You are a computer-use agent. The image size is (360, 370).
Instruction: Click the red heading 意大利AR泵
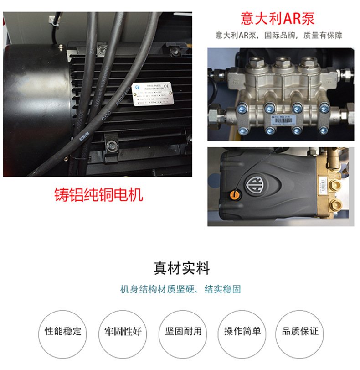click(x=278, y=19)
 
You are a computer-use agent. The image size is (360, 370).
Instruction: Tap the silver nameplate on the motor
click(x=152, y=95)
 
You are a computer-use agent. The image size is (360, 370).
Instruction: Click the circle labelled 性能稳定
click(x=63, y=331)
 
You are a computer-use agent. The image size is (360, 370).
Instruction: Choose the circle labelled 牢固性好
click(x=121, y=331)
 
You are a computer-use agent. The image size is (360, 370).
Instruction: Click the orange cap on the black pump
click(x=235, y=195)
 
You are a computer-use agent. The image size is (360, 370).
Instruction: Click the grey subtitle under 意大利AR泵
click(x=278, y=35)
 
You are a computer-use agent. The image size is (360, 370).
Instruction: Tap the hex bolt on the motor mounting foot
click(x=110, y=146)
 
